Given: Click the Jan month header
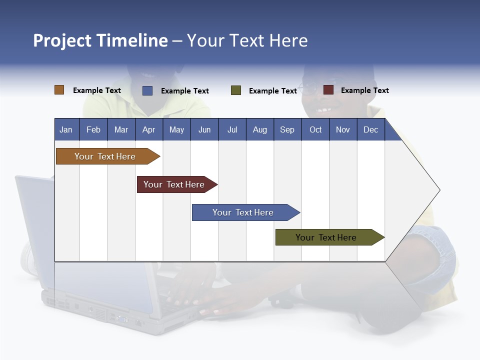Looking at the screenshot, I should tap(66, 129).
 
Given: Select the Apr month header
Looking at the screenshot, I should tap(148, 129).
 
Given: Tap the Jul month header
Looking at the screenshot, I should tap(232, 129).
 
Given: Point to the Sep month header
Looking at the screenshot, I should tap(287, 129).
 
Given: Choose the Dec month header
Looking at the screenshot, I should tap(370, 129).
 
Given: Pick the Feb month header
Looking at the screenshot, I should tap(93, 129).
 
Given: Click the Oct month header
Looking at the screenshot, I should tap(315, 129).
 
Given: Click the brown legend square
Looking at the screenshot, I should tap(59, 90).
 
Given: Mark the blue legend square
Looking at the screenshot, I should tap(147, 90).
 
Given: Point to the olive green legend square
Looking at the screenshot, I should tap(236, 90).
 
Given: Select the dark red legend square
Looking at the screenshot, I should tap(328, 90).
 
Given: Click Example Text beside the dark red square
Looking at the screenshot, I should tap(364, 90).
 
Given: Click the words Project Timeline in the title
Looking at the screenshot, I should tap(100, 40).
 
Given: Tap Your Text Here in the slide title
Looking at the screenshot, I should tap(247, 40).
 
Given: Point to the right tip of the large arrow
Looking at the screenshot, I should tap(438, 190).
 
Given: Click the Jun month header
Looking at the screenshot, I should tap(204, 129).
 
